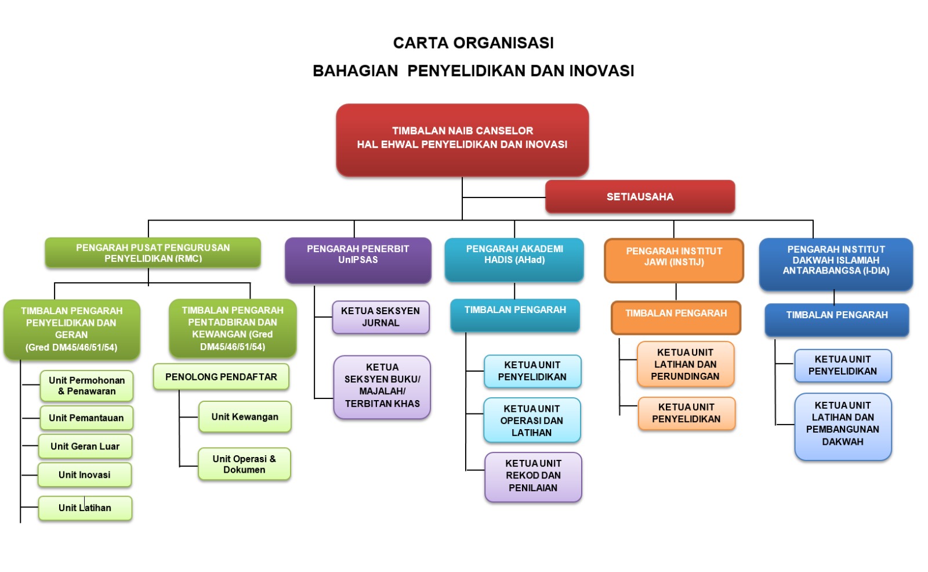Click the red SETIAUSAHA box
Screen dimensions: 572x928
pyautogui.click(x=640, y=197)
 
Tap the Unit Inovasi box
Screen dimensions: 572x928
pyautogui.click(x=85, y=475)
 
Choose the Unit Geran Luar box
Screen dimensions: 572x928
pyautogui.click(x=85, y=447)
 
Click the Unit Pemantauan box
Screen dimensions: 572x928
pyautogui.click(x=86, y=418)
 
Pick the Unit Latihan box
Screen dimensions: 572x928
pyautogui.click(x=85, y=508)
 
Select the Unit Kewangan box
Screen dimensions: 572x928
pyautogui.click(x=245, y=417)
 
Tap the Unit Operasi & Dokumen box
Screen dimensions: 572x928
pyautogui.click(x=244, y=464)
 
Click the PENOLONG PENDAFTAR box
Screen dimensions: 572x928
pyautogui.click(x=221, y=377)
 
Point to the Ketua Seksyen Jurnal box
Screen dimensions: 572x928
pyautogui.click(x=380, y=317)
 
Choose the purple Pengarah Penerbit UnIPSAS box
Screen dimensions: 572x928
pyautogui.click(x=358, y=260)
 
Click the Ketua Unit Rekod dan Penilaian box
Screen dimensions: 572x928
pyautogui.click(x=533, y=476)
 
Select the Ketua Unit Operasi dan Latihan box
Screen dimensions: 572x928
pyautogui.click(x=532, y=421)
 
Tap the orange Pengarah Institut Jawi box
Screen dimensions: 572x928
pyautogui.click(x=674, y=260)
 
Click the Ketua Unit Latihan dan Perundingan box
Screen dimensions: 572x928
pyautogui.click(x=686, y=365)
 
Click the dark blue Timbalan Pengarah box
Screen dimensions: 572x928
pyautogui.click(x=837, y=319)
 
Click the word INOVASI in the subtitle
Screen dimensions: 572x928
pyautogui.click(x=601, y=71)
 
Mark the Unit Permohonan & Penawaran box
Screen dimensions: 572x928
pyautogui.click(x=87, y=386)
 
